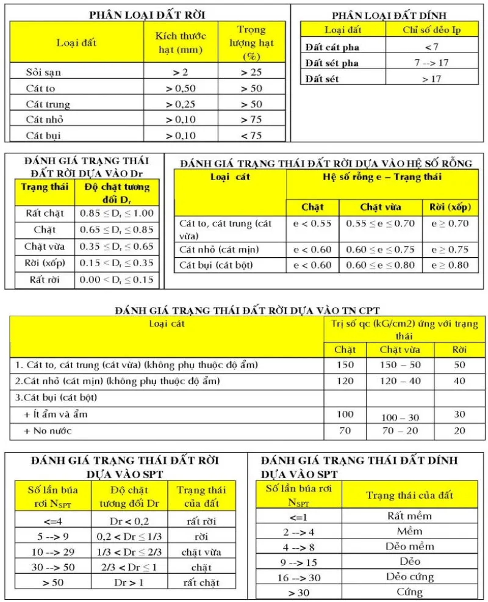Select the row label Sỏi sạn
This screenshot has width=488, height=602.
(43, 72)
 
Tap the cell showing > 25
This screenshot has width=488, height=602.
(251, 72)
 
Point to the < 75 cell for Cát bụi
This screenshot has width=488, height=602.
(251, 136)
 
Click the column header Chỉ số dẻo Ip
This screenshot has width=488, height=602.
(432, 29)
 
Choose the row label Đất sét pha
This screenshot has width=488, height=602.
(332, 63)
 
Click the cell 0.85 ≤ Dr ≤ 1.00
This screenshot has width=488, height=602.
(117, 214)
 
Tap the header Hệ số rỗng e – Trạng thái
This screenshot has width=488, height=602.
(381, 177)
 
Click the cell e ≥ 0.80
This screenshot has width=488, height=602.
(450, 266)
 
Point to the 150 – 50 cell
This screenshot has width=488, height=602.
(400, 365)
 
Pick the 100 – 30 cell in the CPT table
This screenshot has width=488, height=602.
(400, 418)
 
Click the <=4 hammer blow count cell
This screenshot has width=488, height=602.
(52, 521)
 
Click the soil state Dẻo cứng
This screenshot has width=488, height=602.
(409, 576)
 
